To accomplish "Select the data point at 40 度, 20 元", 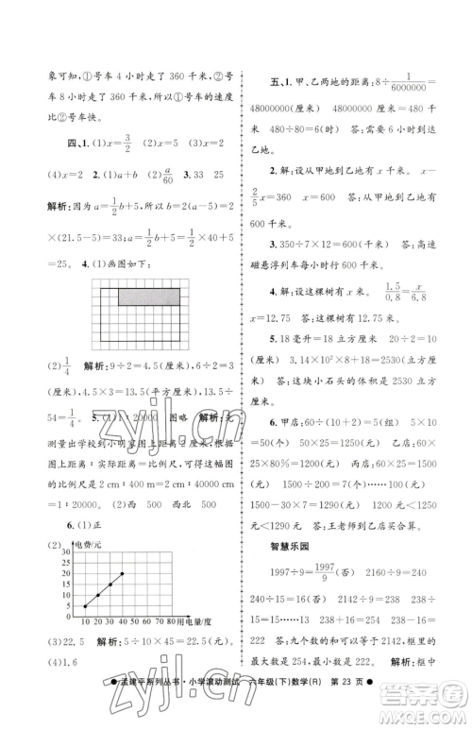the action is tap(121, 572).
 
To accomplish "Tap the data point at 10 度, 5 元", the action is tap(85, 606).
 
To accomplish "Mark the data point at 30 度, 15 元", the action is tap(109, 584).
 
